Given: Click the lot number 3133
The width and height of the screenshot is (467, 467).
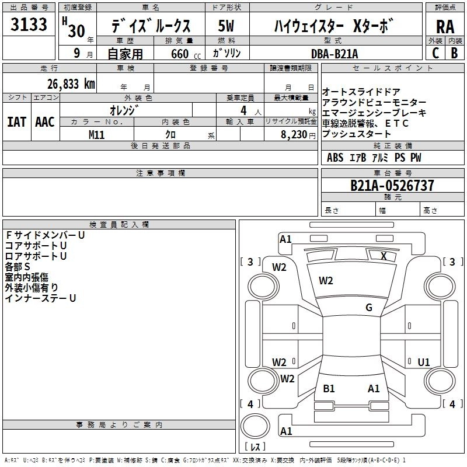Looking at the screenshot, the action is pos(29,25).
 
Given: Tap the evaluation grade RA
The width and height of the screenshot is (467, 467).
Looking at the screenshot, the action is pos(445,27).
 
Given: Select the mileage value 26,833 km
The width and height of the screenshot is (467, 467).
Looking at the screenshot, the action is pos(71,84).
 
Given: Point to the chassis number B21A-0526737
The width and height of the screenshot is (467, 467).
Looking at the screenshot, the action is pos(392,185).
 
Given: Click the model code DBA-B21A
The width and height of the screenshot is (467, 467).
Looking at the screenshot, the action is pos(334,54).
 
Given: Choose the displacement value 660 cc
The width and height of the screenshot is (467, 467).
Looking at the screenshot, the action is pos(186,54).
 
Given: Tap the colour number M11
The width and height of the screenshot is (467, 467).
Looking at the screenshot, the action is pos(96,135).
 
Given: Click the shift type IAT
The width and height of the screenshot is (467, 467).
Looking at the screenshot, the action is pos(16,122).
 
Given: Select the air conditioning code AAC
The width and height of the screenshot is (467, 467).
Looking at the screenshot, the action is pos(45,122).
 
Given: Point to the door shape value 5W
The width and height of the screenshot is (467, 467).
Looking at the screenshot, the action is pos(226,26).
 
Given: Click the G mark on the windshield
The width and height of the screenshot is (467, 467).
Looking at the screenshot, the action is pos(369,308).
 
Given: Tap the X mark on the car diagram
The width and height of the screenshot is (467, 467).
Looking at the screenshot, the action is pos(384,256).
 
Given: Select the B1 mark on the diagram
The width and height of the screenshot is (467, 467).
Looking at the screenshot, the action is pos(329,389).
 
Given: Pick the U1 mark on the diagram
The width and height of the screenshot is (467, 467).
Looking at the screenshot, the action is pos(424,362).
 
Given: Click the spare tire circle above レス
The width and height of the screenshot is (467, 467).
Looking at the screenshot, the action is pos(255,426).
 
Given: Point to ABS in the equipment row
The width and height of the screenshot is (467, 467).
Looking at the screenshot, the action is pos(335,158).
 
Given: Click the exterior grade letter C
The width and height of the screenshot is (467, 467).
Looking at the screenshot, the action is pos(435,53).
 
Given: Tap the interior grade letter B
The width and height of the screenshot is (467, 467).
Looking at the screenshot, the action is pos(454,53).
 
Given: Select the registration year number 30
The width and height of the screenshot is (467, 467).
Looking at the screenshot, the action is pos(76,31).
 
